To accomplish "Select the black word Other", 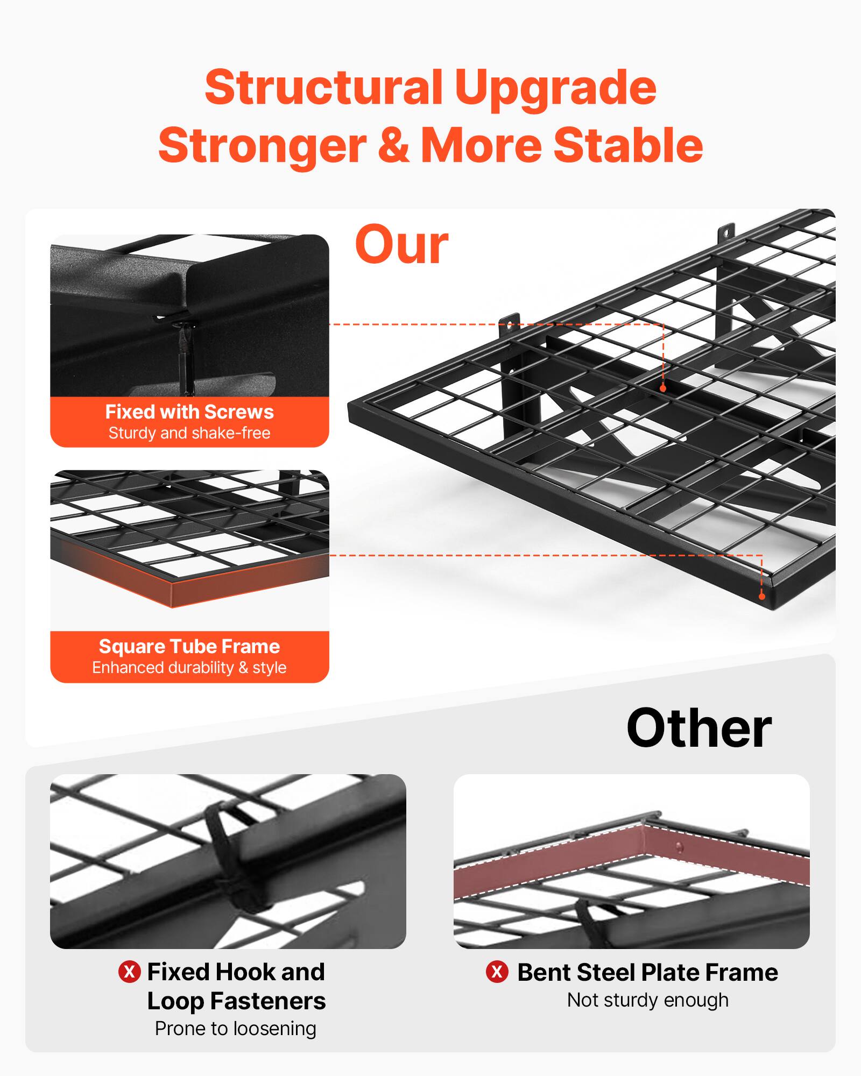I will (x=698, y=729).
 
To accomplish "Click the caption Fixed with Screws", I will (x=189, y=412).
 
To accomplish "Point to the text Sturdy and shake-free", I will (x=189, y=433).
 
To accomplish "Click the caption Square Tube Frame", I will (x=189, y=646).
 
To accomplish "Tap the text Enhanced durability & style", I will (x=189, y=668).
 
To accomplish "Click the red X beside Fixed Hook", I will (x=129, y=972).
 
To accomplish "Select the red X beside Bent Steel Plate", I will (x=497, y=972).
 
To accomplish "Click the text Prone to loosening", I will (x=236, y=1029).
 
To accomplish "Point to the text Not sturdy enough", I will (x=647, y=1000).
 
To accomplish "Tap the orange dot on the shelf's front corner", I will (x=761, y=596).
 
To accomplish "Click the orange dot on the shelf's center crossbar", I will (x=663, y=388).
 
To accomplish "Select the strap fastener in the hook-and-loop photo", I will (x=229, y=861).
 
